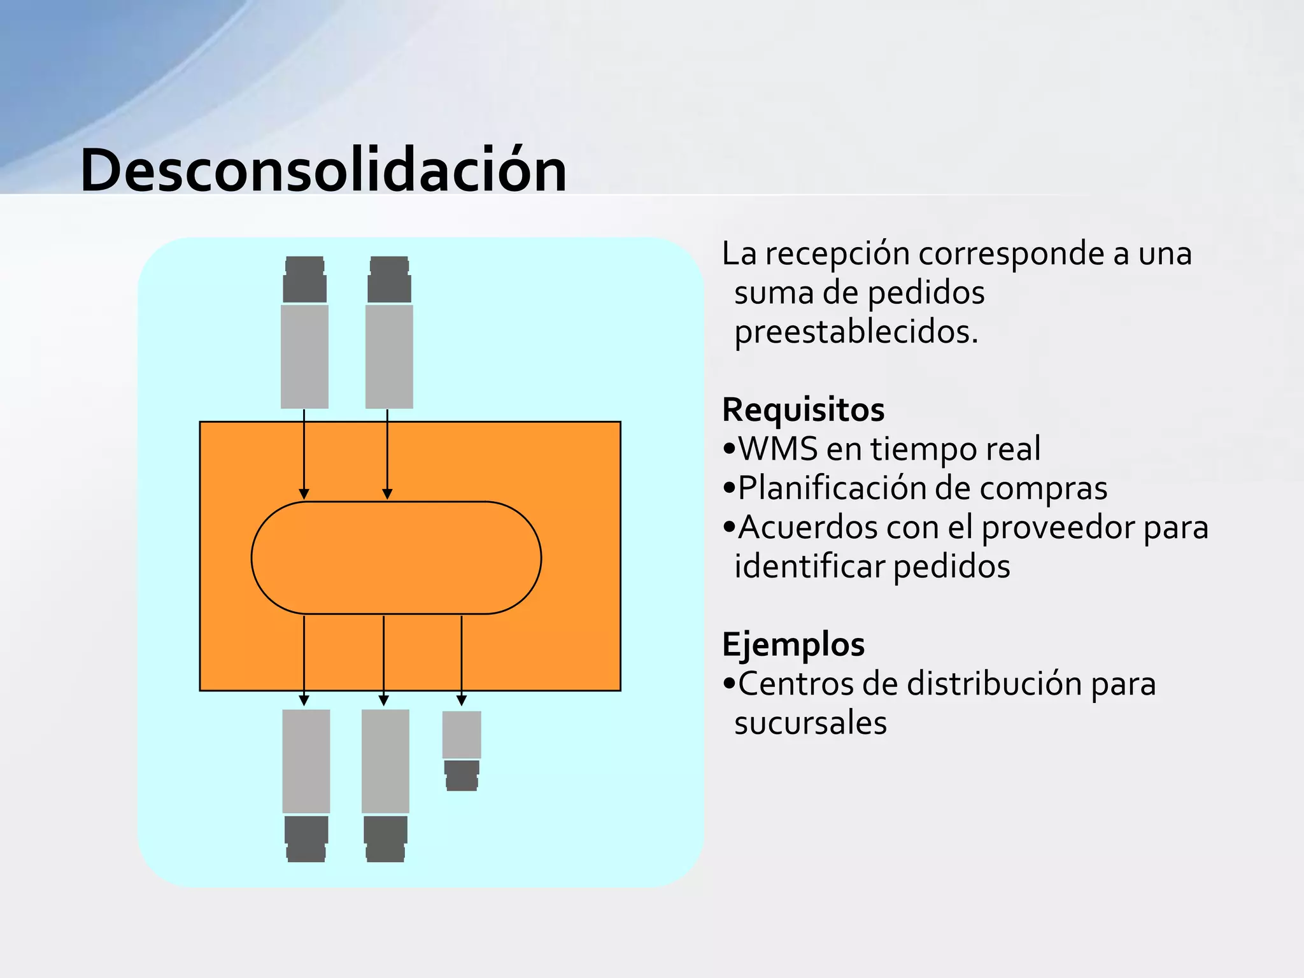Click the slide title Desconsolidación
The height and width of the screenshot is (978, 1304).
pyautogui.click(x=323, y=171)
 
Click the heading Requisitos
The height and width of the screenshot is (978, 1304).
pyautogui.click(x=803, y=409)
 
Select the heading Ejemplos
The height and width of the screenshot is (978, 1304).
pyautogui.click(x=793, y=644)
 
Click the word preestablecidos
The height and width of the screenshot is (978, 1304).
pyautogui.click(x=856, y=332)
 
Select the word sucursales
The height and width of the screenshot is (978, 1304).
pyautogui.click(x=811, y=723)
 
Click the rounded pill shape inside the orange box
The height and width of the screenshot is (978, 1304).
pyautogui.click(x=396, y=558)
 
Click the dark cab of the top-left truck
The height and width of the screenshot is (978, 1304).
pyautogui.click(x=304, y=280)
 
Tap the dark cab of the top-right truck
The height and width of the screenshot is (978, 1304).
pyautogui.click(x=389, y=280)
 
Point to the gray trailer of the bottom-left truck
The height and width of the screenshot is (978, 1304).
pyautogui.click(x=306, y=761)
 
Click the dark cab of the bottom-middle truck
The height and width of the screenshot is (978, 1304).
pyautogui.click(x=385, y=839)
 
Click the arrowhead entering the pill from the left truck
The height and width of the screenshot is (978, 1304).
pyautogui.click(x=304, y=494)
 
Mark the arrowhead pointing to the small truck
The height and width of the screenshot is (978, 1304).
pyautogui.click(x=462, y=700)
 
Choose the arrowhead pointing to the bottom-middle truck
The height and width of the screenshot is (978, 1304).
pyautogui.click(x=383, y=700)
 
